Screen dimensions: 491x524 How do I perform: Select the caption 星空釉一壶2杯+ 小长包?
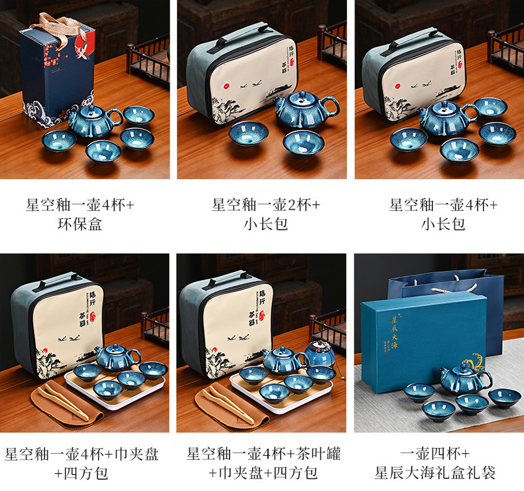(265, 214)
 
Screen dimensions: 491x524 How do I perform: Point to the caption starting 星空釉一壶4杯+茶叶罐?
(265, 463)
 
